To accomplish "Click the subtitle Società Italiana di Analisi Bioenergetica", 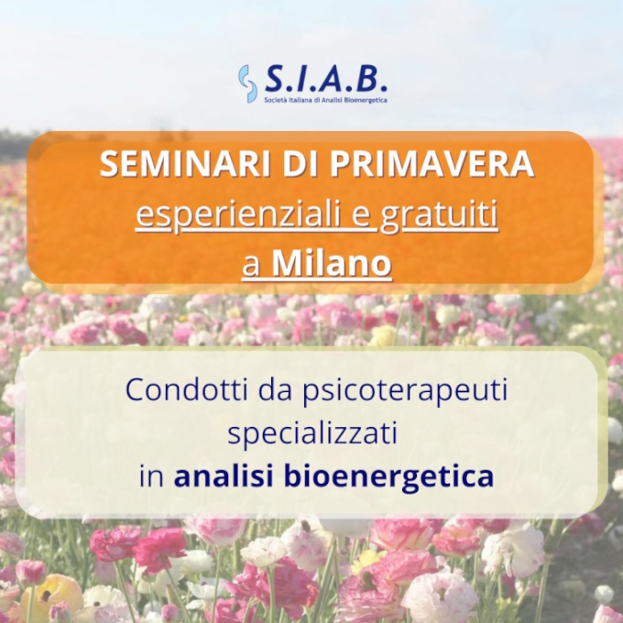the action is pos(326,100).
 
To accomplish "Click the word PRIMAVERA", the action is pos(432,164).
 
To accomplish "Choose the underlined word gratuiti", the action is pos(439,215).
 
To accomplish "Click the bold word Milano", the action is pos(332,263).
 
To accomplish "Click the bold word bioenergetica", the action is pos(389,477).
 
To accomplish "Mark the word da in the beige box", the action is pos(276,389).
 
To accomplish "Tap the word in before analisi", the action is pos(151,475).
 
